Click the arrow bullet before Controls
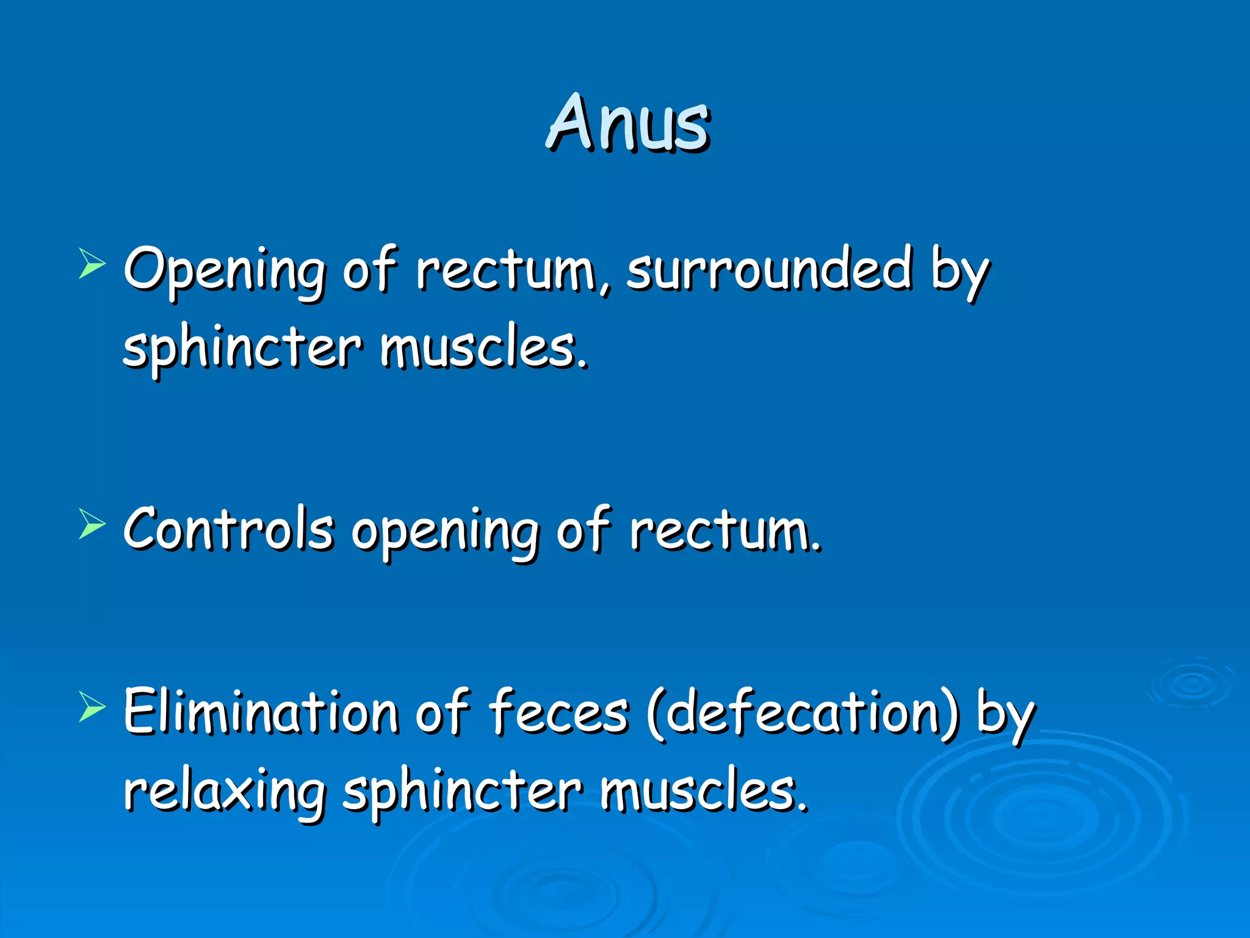(92, 525)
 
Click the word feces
(558, 712)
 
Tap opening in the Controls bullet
(445, 531)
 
